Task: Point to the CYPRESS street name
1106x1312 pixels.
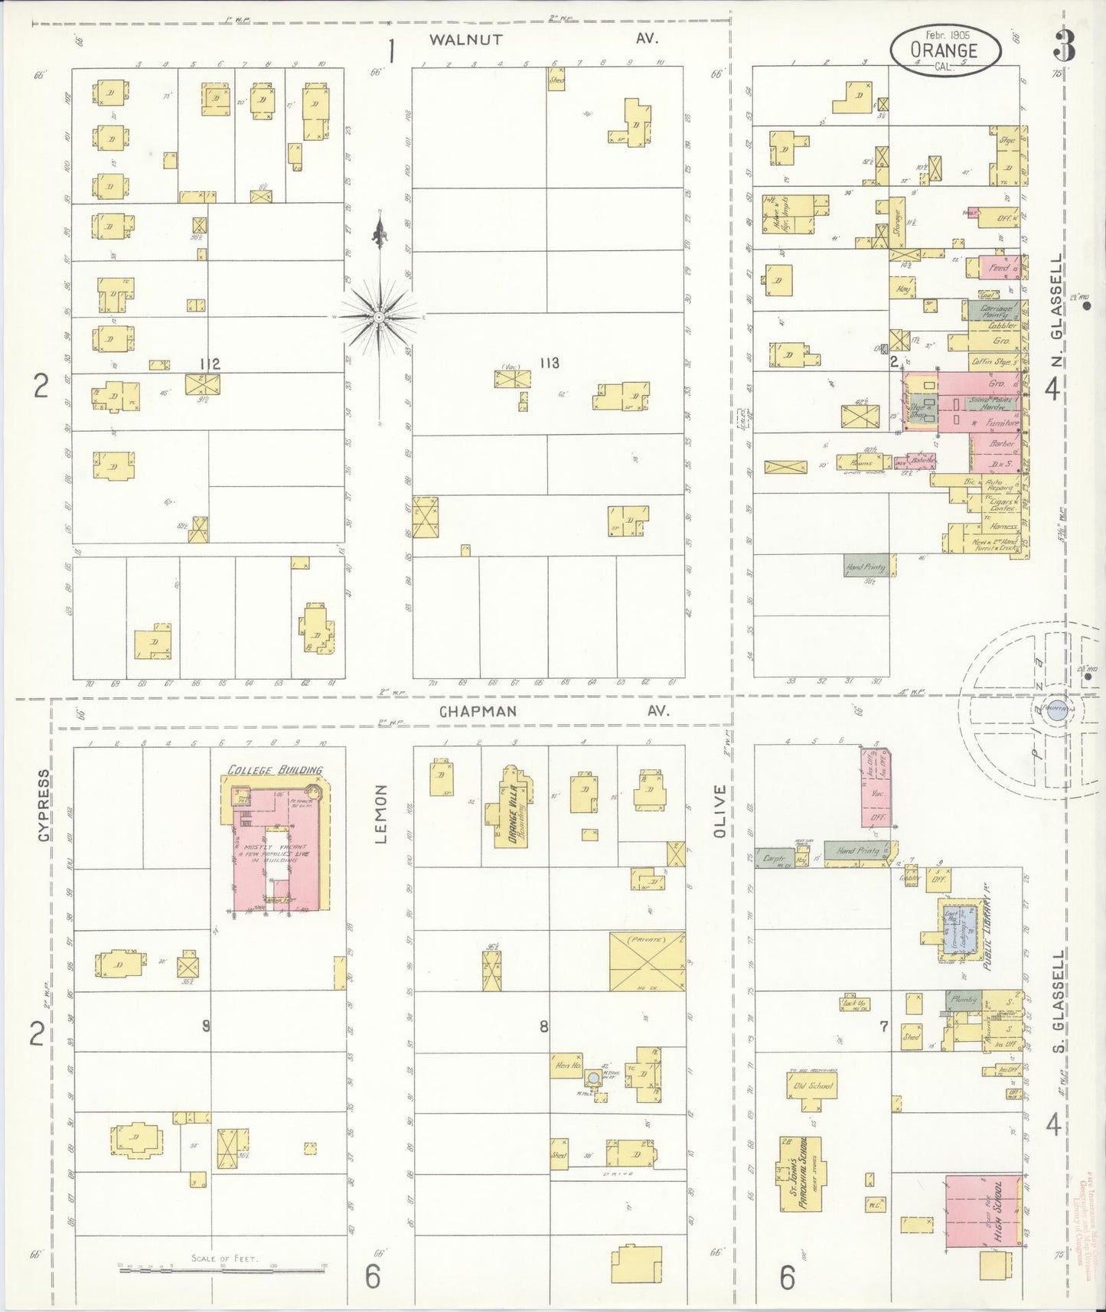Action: (44, 805)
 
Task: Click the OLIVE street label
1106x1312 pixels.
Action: (719, 811)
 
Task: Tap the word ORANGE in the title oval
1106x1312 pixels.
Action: (944, 51)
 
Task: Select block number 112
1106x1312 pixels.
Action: (210, 364)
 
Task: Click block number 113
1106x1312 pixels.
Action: (549, 363)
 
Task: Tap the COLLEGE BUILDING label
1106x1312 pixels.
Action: (276, 769)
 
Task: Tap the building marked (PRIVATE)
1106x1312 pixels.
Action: (647, 961)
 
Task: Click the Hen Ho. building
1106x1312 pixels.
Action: (567, 1066)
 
